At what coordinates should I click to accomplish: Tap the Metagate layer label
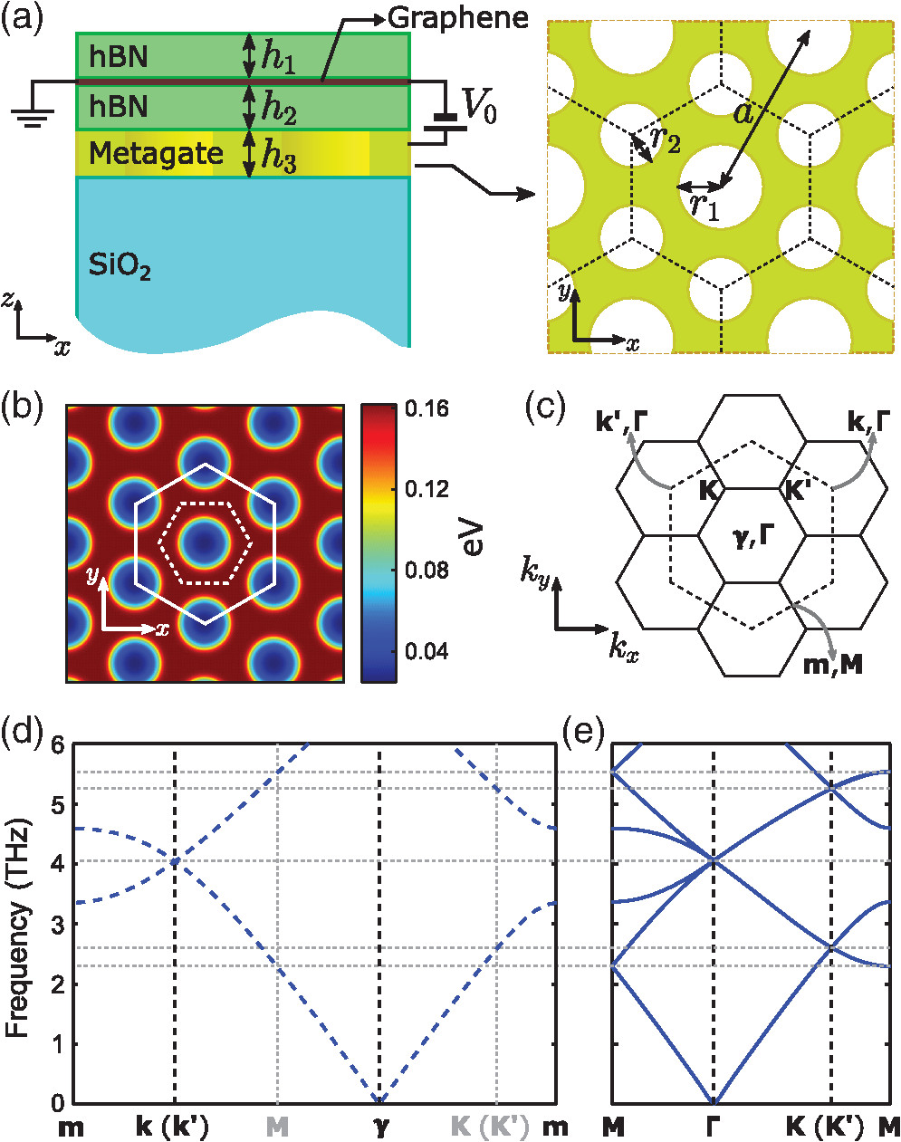click(x=156, y=154)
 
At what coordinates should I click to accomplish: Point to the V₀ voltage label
click(x=478, y=108)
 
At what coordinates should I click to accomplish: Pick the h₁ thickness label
click(x=278, y=57)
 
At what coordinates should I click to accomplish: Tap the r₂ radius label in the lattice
click(x=666, y=140)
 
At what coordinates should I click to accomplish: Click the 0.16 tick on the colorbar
click(x=427, y=409)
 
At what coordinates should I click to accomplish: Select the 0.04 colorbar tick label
click(x=427, y=651)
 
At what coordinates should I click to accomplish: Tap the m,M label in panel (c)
click(x=832, y=666)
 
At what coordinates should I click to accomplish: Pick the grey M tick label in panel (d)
click(x=277, y=1127)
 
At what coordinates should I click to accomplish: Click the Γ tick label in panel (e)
click(x=714, y=1127)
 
